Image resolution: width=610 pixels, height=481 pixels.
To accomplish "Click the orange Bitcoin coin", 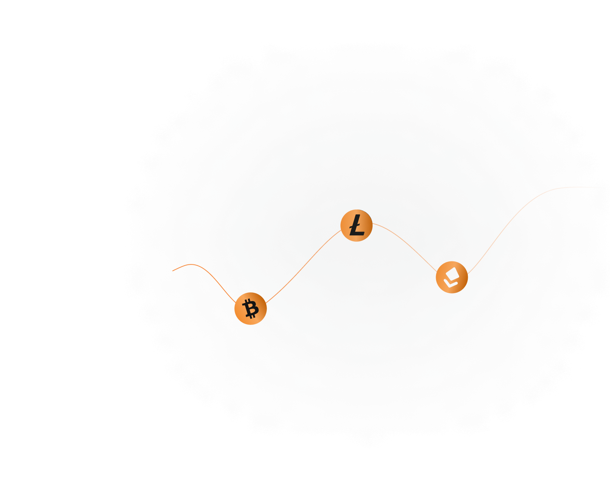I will tap(250, 309).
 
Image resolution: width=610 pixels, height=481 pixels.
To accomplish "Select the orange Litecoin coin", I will tap(357, 226).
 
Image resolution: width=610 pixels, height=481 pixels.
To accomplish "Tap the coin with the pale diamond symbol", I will tap(452, 277).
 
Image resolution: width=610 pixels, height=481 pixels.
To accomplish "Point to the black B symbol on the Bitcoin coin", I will tap(250, 309).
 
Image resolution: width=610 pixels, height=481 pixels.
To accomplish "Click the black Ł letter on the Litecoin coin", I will tap(357, 225).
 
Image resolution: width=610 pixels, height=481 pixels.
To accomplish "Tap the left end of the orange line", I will tap(172, 271).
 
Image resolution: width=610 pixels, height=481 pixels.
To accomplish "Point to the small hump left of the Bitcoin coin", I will tap(192, 265).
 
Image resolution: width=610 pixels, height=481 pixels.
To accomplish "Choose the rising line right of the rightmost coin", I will tap(500, 232).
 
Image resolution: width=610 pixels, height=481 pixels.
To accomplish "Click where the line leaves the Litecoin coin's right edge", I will tap(373, 223).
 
